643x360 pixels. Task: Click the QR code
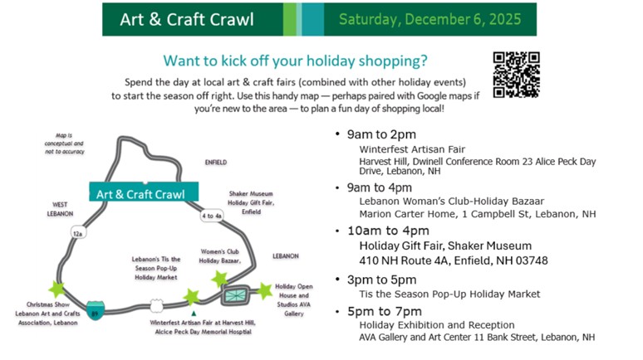click(516, 75)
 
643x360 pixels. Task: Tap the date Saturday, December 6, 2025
click(429, 19)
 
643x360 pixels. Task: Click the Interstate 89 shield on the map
click(96, 310)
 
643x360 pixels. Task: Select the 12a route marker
click(78, 233)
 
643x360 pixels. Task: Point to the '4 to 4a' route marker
click(212, 216)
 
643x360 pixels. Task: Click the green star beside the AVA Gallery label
click(264, 291)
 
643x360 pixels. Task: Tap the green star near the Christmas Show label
click(57, 289)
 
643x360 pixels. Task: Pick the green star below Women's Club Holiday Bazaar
click(220, 279)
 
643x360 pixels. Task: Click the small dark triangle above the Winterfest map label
click(194, 314)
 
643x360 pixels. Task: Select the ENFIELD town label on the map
click(216, 163)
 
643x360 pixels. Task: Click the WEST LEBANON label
click(60, 209)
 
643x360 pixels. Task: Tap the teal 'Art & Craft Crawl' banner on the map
click(144, 192)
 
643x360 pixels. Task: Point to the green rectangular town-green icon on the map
click(235, 294)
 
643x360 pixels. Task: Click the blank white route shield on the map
click(156, 305)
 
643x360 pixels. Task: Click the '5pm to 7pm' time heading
click(385, 311)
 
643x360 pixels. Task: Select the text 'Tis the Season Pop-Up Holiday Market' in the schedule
click(449, 294)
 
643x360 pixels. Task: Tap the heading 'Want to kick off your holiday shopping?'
click(295, 61)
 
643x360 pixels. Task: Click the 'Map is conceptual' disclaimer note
click(64, 144)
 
